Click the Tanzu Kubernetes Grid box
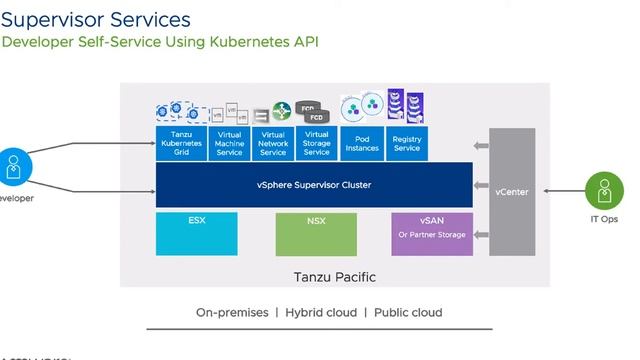pos(180,142)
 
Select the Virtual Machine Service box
pos(229,142)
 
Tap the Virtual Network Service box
pos(273,142)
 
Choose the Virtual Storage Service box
pos(317,142)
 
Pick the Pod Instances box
pos(362,142)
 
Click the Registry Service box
pos(407,142)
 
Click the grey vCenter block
pos(512,191)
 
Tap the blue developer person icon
pos(13,167)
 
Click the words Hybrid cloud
pos(321,312)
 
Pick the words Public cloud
pos(408,312)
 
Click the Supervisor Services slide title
pos(96,19)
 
